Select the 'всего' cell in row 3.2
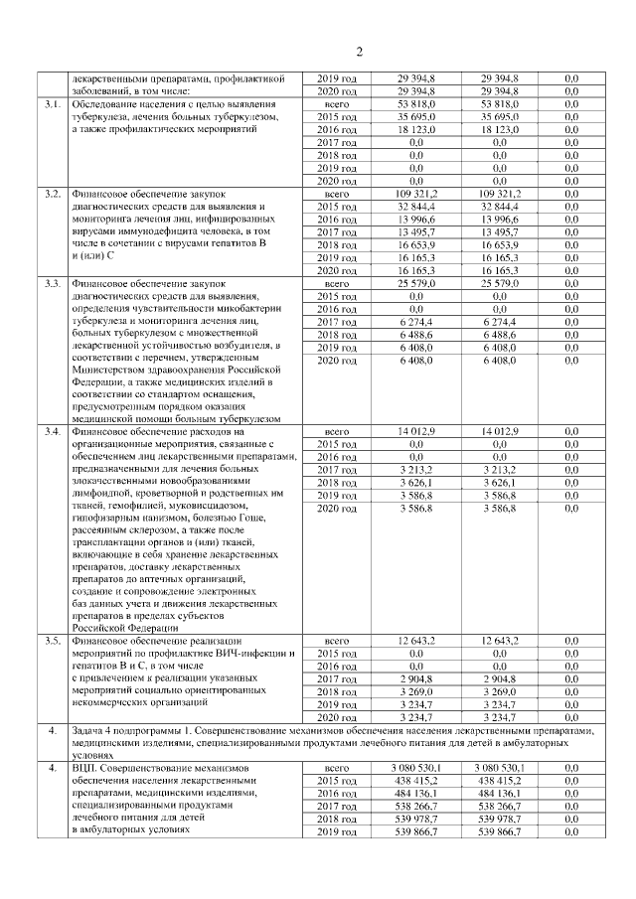pyautogui.click(x=341, y=194)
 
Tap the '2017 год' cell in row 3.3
pyautogui.click(x=341, y=322)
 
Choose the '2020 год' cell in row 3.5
pyautogui.click(x=341, y=716)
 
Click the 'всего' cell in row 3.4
pyautogui.click(x=341, y=431)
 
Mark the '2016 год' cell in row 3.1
pyautogui.click(x=341, y=130)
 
